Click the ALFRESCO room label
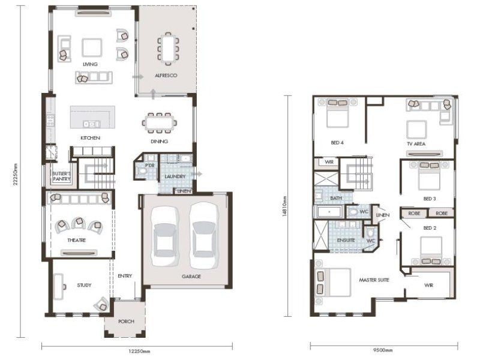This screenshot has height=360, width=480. (x=166, y=76)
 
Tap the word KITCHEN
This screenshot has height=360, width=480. (x=91, y=138)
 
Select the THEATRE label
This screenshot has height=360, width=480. (x=77, y=241)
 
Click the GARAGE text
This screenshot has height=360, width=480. (x=191, y=277)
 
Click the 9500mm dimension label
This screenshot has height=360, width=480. (x=383, y=350)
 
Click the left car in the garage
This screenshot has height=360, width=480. (x=165, y=236)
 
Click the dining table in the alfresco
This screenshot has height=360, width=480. (x=169, y=49)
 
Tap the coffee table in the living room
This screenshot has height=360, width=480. (x=92, y=47)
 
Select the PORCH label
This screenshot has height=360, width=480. (x=126, y=322)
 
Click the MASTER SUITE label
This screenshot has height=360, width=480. (x=374, y=280)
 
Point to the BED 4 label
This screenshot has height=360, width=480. (x=337, y=143)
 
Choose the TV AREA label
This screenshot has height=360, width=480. (x=416, y=143)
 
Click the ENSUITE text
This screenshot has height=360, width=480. (x=346, y=241)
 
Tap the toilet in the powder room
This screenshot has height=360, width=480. (x=142, y=171)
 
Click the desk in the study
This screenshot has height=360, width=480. (x=58, y=287)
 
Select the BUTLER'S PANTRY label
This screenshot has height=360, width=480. (x=62, y=176)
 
